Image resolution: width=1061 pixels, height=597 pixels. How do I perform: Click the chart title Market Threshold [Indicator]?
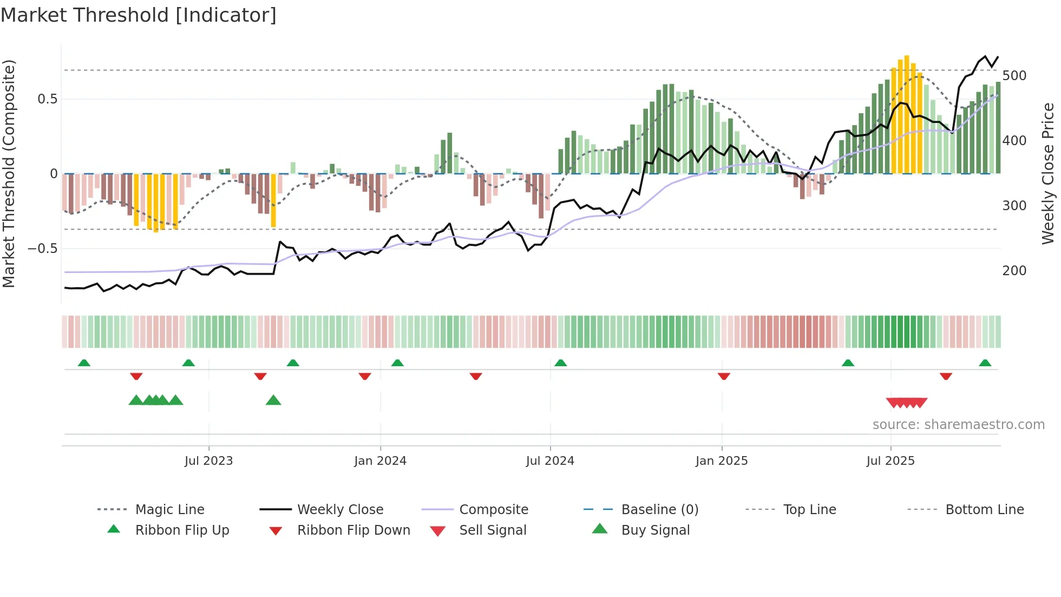[139, 15]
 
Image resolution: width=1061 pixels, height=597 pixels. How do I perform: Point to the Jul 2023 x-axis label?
[208, 461]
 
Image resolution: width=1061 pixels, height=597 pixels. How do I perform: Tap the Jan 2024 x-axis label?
[380, 461]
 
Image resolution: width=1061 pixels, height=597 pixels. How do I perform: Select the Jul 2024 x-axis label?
[550, 461]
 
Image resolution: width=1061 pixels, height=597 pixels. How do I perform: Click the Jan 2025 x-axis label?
[722, 461]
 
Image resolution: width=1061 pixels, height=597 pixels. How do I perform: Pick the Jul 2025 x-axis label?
[890, 461]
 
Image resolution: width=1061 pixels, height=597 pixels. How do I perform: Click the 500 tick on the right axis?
[1014, 76]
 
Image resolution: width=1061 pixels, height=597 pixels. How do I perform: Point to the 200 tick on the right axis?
[1014, 271]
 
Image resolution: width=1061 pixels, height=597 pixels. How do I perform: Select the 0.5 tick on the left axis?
[48, 99]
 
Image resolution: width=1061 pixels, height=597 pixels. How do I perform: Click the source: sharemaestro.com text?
[958, 425]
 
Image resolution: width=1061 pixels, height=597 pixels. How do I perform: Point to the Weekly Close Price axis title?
[1048, 173]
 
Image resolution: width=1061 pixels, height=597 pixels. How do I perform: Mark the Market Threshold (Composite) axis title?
[9, 173]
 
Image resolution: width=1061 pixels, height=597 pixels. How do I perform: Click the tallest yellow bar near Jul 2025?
[907, 114]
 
